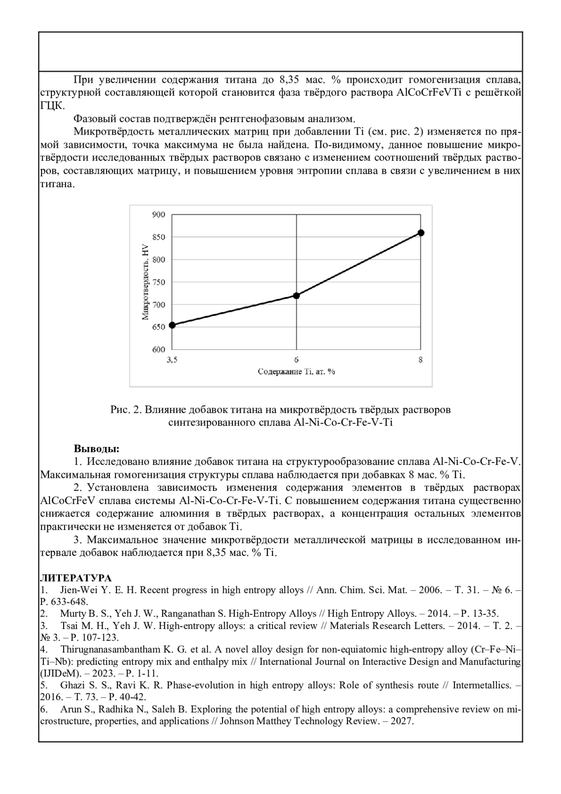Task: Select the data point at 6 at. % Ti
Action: coord(296,296)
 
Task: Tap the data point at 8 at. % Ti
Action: coord(421,232)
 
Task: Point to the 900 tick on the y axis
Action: coord(159,215)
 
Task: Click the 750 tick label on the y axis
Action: coord(159,282)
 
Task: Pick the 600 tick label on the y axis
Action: coord(159,349)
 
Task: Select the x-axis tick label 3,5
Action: coord(172,360)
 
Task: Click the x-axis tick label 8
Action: coord(421,360)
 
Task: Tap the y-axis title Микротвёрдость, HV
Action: coord(145,282)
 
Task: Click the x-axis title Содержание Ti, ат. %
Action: coord(296,372)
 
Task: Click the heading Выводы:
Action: coord(97,449)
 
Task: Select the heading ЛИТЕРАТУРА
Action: coord(76,578)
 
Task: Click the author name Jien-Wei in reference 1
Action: coord(78,590)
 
